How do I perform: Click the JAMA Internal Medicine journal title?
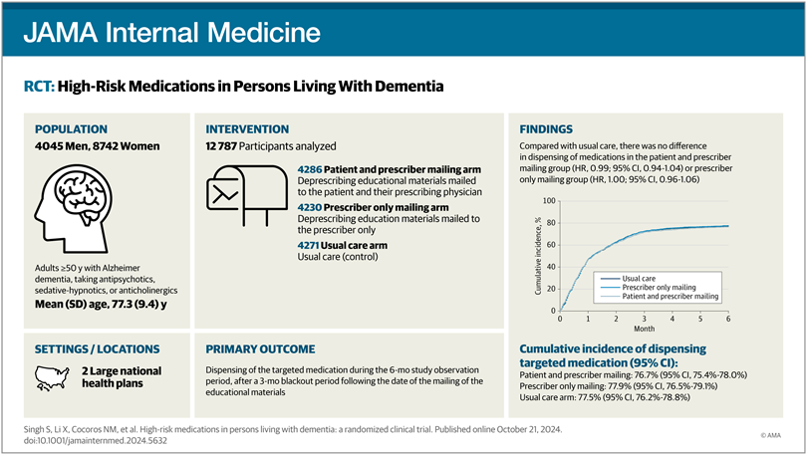tap(173, 32)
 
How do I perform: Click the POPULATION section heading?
tap(73, 129)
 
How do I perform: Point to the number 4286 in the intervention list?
tap(310, 170)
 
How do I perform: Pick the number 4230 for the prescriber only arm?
tap(310, 206)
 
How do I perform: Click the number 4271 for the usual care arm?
tap(310, 244)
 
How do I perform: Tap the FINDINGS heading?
tap(546, 129)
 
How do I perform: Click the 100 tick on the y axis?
tap(549, 201)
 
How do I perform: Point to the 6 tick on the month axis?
tap(727, 319)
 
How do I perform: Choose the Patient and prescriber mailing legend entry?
tap(670, 296)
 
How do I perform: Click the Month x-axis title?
tap(644, 329)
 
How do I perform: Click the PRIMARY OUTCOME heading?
tap(260, 349)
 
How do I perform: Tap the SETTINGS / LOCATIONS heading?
tap(97, 349)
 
